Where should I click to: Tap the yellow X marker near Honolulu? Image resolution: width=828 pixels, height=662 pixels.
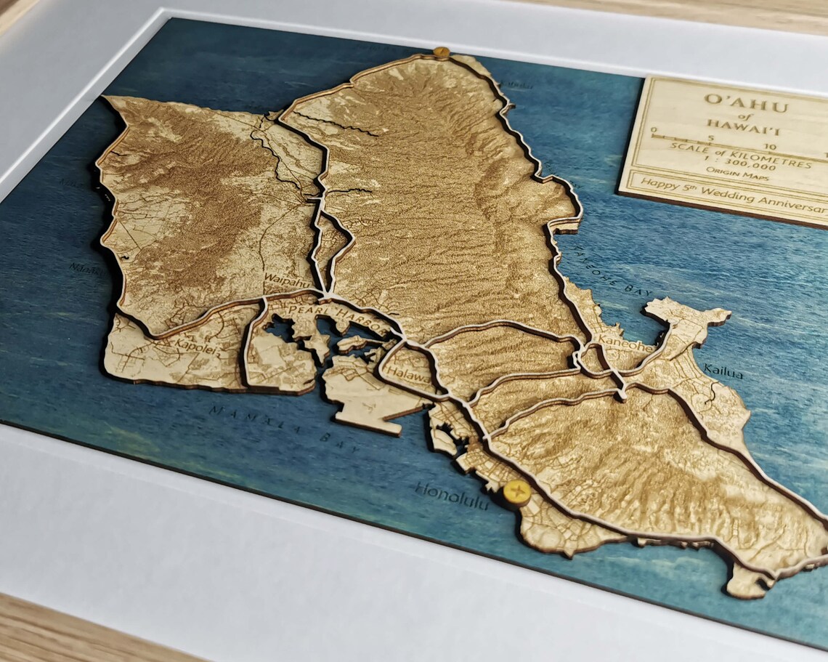tap(516, 493)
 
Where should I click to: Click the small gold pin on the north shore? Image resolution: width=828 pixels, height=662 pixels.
tap(440, 52)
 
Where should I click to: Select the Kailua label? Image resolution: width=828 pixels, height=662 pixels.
tap(723, 374)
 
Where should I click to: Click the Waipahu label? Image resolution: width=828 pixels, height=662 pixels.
tap(283, 279)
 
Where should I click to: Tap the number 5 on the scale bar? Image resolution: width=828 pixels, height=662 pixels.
tap(710, 138)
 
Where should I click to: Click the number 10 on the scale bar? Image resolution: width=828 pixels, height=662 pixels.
tap(770, 147)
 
